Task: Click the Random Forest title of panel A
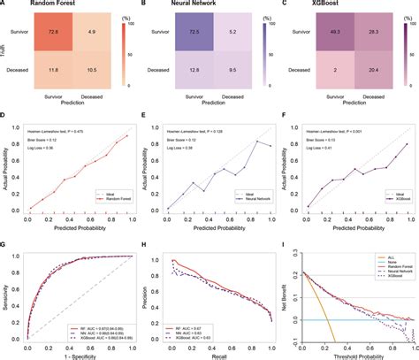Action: (x=47, y=6)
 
